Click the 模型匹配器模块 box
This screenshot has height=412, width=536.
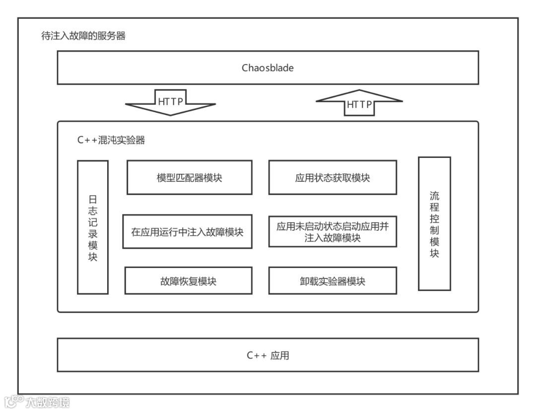[189, 177]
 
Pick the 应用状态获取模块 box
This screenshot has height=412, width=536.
[333, 177]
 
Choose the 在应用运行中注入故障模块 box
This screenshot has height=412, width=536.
[187, 231]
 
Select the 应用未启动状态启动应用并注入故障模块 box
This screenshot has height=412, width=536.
[333, 231]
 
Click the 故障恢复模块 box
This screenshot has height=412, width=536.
[188, 281]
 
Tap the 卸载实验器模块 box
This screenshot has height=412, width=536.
[333, 281]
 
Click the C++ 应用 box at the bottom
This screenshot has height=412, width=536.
[268, 355]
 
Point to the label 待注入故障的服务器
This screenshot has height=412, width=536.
[83, 36]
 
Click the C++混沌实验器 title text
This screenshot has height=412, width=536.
[111, 140]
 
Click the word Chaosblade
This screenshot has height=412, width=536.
[268, 68]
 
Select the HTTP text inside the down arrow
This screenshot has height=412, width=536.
[171, 102]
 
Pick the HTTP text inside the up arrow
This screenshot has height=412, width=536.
[359, 105]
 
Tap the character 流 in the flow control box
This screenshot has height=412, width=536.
[434, 195]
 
